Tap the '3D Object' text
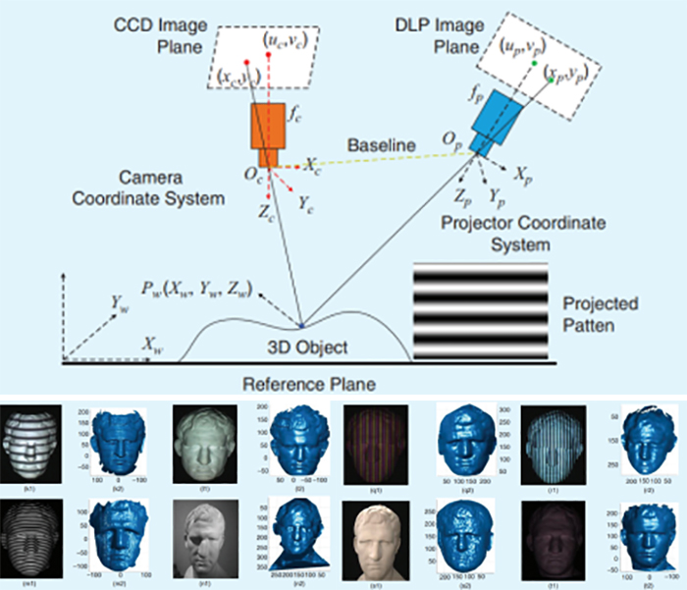(308, 347)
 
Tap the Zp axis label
(456, 191)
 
